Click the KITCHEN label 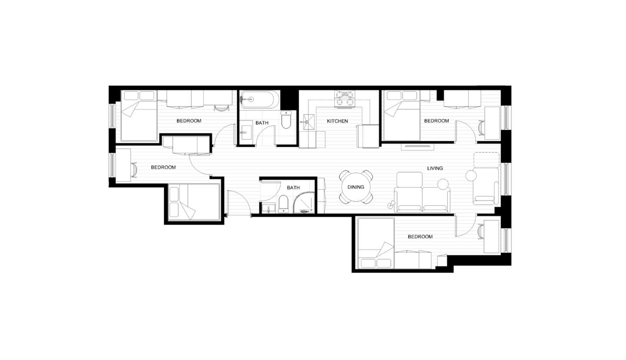point(337,121)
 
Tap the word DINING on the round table point(355,187)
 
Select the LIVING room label point(435,168)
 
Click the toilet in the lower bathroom point(283,203)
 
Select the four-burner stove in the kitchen point(344,99)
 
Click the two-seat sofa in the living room point(422,193)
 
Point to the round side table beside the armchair point(471,176)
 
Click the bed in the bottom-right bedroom point(376,243)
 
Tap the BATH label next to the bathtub point(262,123)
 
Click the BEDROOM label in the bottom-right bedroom point(420,237)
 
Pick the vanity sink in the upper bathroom point(246,132)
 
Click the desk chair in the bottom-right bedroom point(481,231)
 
